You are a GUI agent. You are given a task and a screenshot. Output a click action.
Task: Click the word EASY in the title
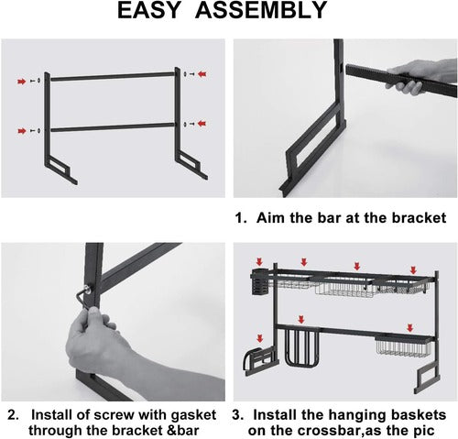click(x=148, y=10)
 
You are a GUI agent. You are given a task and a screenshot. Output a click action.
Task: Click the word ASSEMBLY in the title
click(x=261, y=10)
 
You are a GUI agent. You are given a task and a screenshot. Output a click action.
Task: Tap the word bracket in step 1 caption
click(x=419, y=218)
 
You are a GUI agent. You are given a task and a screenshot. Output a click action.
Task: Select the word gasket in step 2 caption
click(x=193, y=415)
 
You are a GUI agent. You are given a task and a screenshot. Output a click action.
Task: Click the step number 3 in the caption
click(x=237, y=415)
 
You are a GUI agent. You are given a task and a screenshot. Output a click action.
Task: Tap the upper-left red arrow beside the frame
click(x=22, y=82)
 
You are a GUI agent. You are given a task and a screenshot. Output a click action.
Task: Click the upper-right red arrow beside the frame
click(x=202, y=74)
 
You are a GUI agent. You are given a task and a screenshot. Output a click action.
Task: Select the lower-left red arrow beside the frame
click(x=22, y=131)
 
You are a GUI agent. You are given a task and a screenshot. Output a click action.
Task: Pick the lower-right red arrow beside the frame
click(x=202, y=124)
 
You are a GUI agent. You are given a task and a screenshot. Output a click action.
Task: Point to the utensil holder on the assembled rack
click(x=259, y=281)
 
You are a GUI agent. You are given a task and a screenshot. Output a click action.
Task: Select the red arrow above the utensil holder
click(x=259, y=261)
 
